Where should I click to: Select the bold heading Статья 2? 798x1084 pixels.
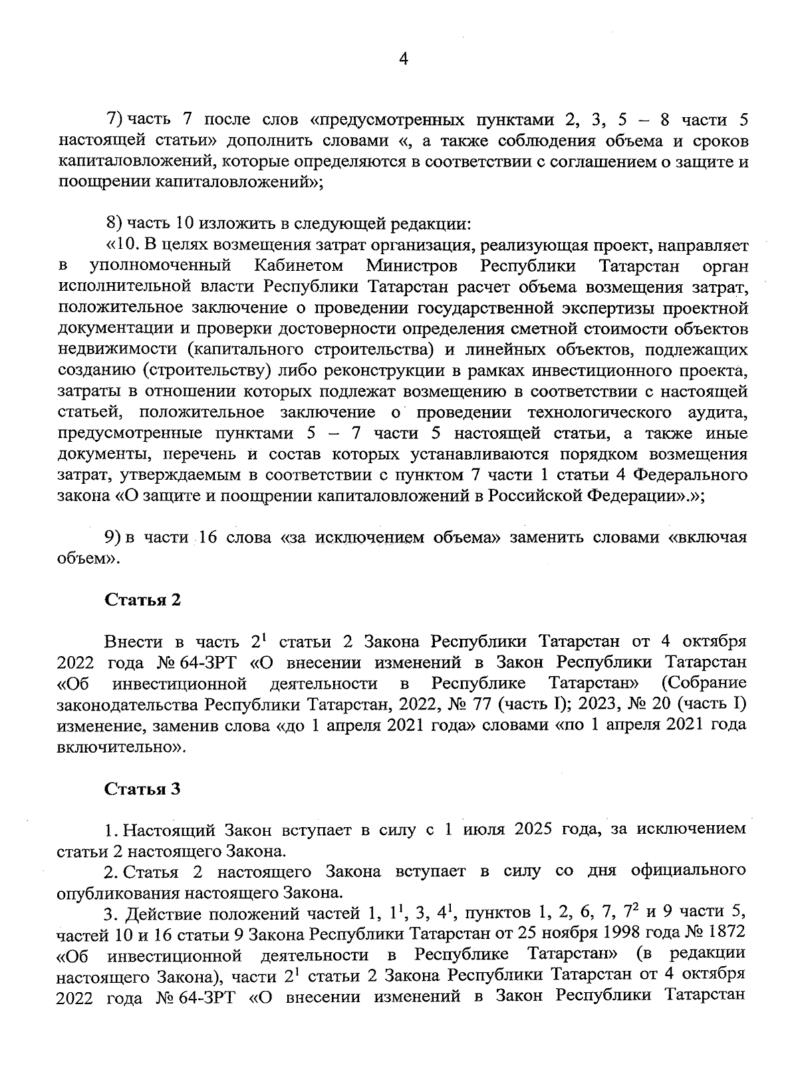pos(142,600)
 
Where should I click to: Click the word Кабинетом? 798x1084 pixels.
pos(299,266)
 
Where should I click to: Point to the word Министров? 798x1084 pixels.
pos(412,266)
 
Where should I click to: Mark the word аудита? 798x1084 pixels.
pos(720,413)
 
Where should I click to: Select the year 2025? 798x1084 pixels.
pos(525,830)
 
